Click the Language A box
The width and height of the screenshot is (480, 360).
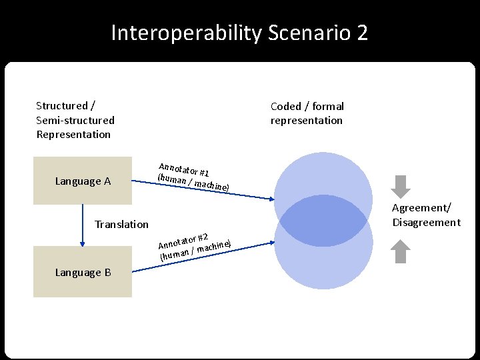pos(83,181)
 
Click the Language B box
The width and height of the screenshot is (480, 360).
pos(83,272)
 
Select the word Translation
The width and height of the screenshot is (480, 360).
pos(121,224)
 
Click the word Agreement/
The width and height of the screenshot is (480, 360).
pos(421,208)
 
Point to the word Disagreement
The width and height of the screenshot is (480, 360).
pos(426,222)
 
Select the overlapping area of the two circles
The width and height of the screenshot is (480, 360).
pos(323,220)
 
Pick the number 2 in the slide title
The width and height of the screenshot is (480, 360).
pos(362,32)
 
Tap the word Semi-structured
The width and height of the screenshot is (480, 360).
pos(75,120)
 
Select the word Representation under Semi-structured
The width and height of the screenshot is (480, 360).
pos(73,134)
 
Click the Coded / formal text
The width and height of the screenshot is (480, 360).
pos(307,106)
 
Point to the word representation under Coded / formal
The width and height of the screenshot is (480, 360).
pos(306,120)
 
